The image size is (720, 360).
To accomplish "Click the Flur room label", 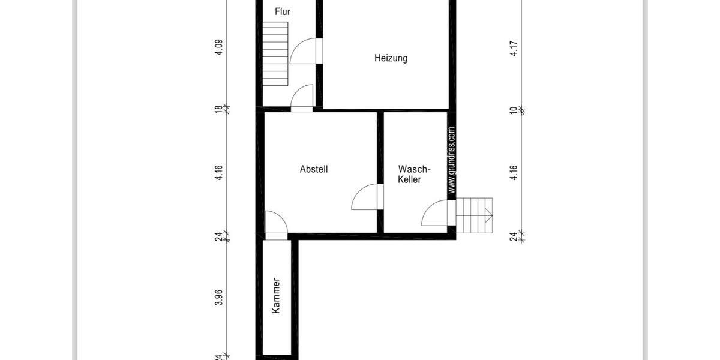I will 283,11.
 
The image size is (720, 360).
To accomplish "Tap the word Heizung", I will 391,58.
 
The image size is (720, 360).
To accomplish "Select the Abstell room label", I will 314,169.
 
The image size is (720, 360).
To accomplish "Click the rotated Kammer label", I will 276,295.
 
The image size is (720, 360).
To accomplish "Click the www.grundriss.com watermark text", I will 451,160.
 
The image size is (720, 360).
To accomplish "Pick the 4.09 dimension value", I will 219,47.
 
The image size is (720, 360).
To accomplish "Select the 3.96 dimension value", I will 219,298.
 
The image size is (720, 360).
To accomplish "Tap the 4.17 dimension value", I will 514,48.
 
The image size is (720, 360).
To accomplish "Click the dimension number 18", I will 219,110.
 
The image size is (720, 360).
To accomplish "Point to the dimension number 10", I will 514,110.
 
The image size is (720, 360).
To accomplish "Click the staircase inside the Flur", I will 275,54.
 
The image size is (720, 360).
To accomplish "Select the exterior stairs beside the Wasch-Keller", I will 475,215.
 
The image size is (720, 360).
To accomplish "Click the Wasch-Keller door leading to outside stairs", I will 435,214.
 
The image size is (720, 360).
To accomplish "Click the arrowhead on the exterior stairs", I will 490,215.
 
